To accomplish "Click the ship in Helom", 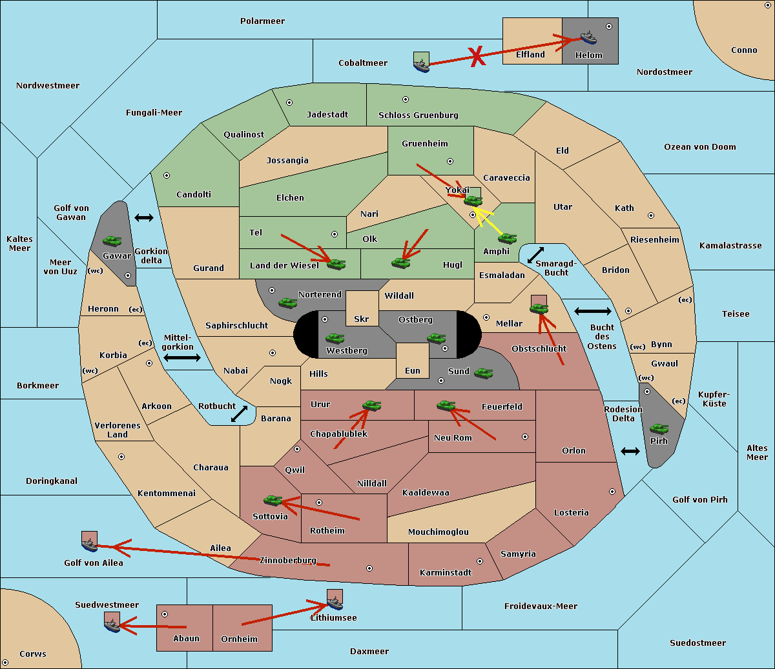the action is [588, 37].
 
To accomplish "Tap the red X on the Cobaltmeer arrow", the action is [477, 57].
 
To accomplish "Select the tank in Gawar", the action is [112, 241].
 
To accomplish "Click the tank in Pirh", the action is [659, 428].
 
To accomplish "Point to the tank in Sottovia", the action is [273, 500].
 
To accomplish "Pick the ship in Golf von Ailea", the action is [90, 544].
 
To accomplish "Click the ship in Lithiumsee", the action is [335, 603].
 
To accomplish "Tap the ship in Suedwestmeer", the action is [112, 626].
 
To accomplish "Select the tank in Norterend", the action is [287, 303].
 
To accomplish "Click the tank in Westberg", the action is [335, 338].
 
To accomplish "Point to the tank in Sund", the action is [483, 373].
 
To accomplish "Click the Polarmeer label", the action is [262, 21].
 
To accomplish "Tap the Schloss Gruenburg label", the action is [418, 115].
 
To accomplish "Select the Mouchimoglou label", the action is [439, 532].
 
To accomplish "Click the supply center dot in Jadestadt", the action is [289, 103].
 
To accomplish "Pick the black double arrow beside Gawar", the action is [144, 217].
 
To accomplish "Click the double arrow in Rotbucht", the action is [239, 414].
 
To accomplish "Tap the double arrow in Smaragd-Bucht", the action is [535, 255].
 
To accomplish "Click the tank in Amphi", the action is [507, 238].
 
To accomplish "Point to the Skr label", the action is [362, 319].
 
